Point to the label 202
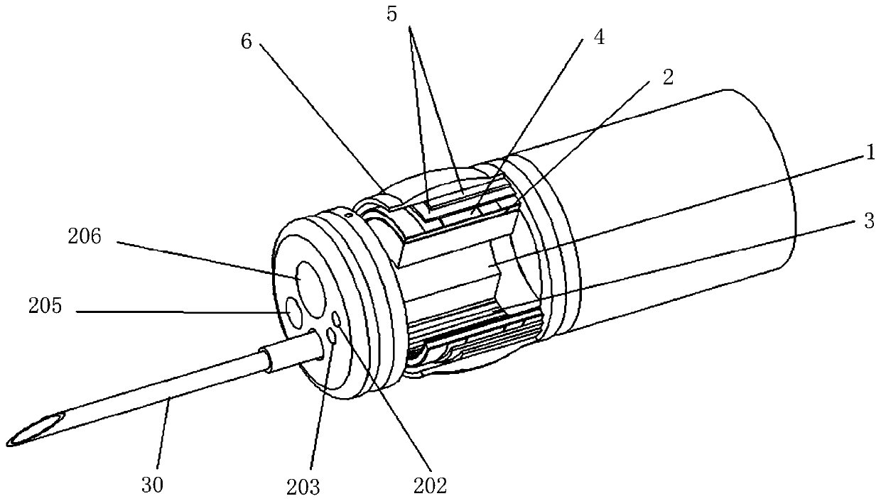432,485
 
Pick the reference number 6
247,41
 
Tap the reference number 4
598,38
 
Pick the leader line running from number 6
320,117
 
